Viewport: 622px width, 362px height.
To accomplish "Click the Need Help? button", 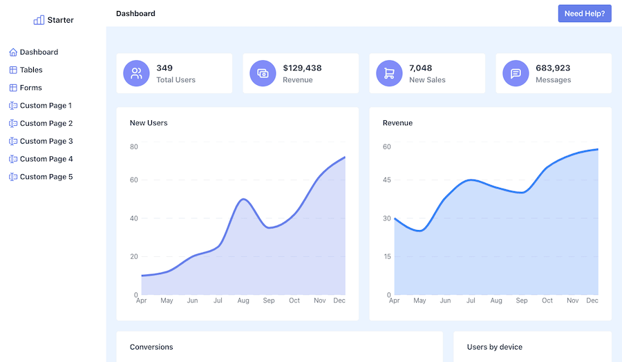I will [x=584, y=14].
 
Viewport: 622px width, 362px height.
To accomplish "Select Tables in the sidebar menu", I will [x=31, y=70].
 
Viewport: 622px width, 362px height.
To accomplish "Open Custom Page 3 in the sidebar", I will [x=46, y=141].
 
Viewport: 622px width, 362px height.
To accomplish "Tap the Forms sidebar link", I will [x=30, y=88].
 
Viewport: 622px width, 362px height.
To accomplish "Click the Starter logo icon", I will [x=39, y=20].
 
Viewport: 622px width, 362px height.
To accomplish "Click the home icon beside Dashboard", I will [x=13, y=53].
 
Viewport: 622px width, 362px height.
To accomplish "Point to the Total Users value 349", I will [x=164, y=68].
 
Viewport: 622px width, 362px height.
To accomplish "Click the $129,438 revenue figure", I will [x=302, y=68].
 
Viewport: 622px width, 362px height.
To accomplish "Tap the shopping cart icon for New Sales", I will [x=389, y=73].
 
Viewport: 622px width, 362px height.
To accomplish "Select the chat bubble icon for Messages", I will [x=516, y=73].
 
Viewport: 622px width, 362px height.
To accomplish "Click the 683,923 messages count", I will [x=553, y=68].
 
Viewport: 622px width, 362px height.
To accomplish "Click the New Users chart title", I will [x=149, y=123].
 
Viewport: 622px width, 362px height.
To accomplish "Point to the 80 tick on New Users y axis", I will [x=134, y=146].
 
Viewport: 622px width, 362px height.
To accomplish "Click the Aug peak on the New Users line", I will [x=243, y=199].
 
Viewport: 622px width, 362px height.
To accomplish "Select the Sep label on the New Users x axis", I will [x=269, y=301].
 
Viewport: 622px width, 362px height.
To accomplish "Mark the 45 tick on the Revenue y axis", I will [x=387, y=180].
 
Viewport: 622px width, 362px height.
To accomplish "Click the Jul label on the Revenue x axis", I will [x=471, y=301].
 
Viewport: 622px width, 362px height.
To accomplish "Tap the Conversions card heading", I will [x=151, y=347].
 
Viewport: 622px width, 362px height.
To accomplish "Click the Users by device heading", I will [x=494, y=347].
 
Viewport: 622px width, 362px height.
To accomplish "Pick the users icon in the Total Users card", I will [x=136, y=73].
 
